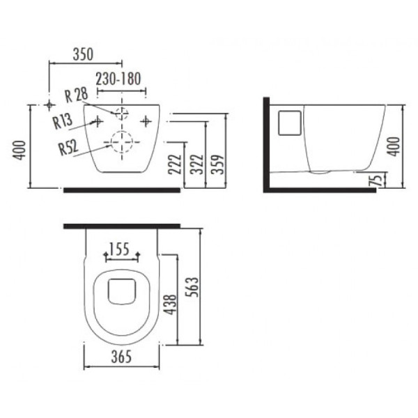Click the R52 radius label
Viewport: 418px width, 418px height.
[68, 147]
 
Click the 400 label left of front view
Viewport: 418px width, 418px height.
[20, 148]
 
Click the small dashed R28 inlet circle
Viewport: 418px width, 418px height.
[123, 111]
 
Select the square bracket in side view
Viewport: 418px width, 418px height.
[288, 123]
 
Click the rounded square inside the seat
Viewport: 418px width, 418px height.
[123, 290]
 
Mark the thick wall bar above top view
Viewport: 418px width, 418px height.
[122, 226]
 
